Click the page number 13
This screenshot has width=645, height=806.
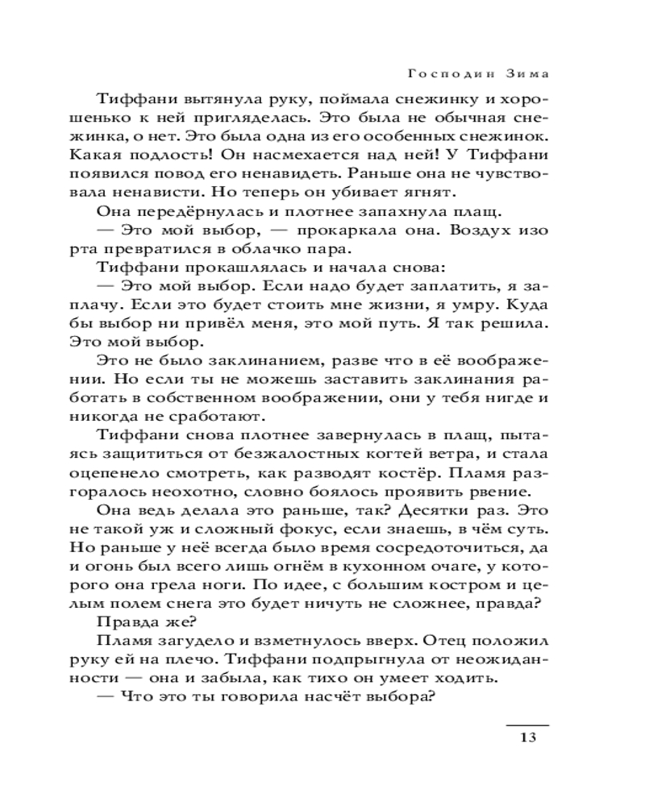pos(527,737)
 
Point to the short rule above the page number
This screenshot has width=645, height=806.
pos(526,725)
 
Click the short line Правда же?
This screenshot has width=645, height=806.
pos(135,621)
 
